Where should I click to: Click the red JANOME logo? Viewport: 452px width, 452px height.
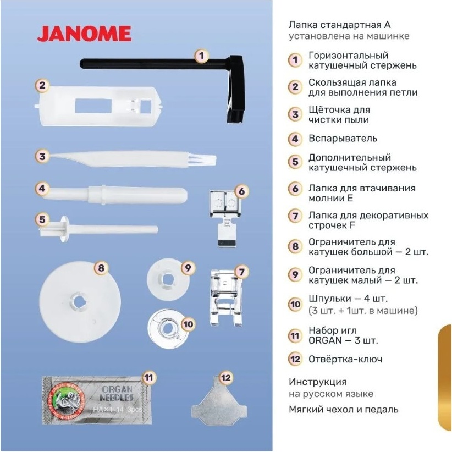(84, 34)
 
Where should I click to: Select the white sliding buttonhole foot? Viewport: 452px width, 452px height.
(98, 106)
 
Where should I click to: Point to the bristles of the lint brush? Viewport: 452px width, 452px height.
(206, 159)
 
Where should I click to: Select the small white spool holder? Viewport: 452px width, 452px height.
(168, 280)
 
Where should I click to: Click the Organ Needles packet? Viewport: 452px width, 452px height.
(97, 400)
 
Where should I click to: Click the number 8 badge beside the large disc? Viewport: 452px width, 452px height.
(101, 268)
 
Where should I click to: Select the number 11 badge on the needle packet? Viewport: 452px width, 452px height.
(148, 378)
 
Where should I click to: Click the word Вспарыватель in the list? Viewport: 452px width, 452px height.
(343, 139)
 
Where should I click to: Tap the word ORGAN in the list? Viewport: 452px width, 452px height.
(325, 340)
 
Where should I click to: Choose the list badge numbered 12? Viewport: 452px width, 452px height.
(295, 359)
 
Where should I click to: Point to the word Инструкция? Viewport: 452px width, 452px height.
(318, 382)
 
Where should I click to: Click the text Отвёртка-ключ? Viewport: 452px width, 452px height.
(345, 359)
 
